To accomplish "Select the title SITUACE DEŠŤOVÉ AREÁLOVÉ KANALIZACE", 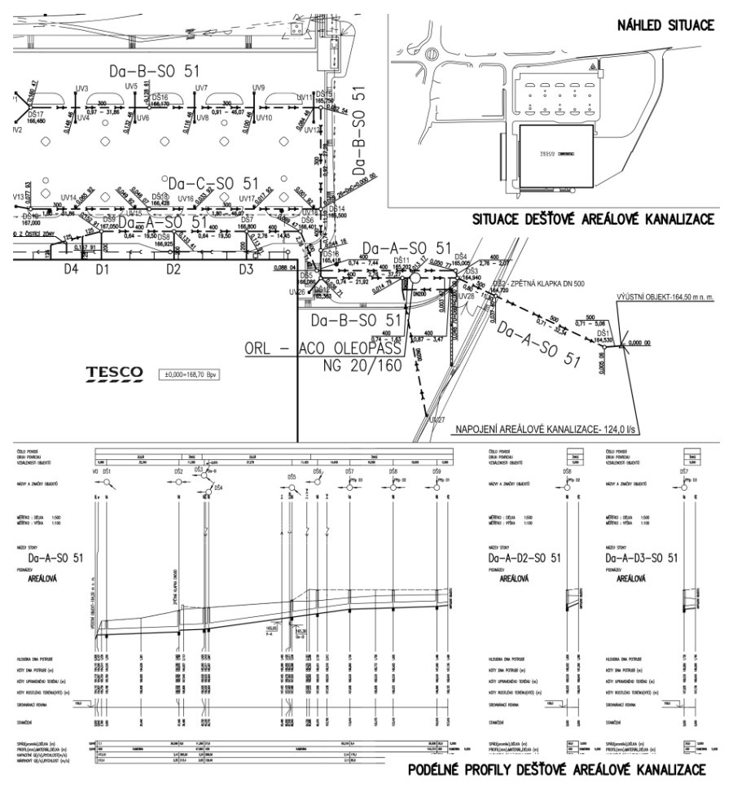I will (594, 220).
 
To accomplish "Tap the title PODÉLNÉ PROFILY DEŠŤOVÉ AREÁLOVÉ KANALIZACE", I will (556, 770).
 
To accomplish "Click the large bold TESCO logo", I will (115, 373).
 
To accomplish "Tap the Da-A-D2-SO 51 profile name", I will (519, 558).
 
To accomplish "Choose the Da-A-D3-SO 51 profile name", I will (641, 558).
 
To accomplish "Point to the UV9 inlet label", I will (259, 87).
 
